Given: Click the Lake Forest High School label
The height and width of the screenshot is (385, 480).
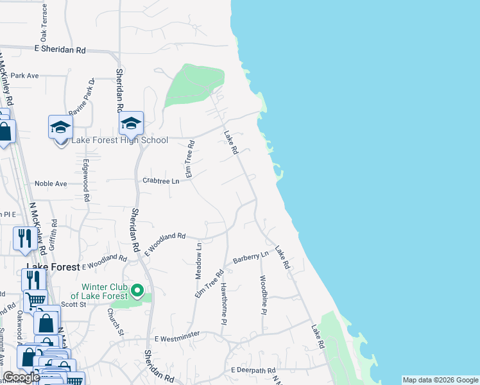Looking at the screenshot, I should (119, 141).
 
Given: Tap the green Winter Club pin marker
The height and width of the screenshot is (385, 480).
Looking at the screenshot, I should (137, 291).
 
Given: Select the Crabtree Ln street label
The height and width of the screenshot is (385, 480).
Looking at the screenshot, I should (160, 181).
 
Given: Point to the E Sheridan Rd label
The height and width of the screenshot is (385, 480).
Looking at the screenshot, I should (60, 49).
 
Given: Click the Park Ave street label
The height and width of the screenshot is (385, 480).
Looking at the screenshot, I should (24, 76).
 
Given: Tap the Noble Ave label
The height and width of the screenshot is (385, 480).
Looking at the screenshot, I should (51, 184).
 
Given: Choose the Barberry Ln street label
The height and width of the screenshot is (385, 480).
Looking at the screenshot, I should (250, 257).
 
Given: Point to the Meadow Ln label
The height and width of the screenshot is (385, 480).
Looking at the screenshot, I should (198, 259).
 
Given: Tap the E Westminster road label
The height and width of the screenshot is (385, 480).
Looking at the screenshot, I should (177, 336).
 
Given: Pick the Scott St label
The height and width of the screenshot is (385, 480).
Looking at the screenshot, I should (73, 305).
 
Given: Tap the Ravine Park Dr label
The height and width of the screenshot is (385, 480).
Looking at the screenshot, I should (81, 96).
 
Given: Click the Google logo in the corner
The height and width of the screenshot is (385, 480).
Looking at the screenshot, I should (21, 378).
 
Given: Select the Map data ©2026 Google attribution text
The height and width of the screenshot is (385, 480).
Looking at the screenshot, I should (440, 380).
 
